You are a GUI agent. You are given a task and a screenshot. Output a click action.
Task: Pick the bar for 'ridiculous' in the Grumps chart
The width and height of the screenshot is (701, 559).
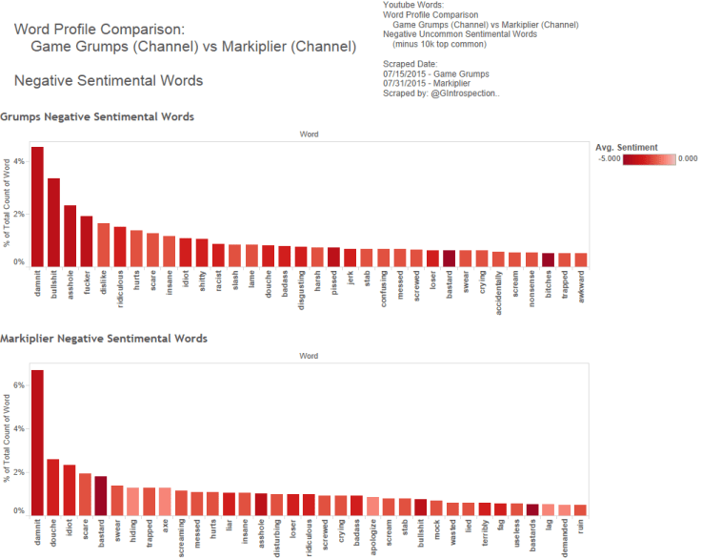(x=120, y=246)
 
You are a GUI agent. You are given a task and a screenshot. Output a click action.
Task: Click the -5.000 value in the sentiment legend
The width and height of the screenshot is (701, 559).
(x=609, y=159)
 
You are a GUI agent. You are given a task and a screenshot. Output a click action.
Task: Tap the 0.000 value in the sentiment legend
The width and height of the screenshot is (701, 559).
(x=687, y=159)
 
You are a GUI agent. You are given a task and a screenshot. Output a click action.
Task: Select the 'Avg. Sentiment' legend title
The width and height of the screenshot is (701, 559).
(x=627, y=147)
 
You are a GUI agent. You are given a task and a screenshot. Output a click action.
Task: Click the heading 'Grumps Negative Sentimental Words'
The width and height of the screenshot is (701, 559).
(x=97, y=116)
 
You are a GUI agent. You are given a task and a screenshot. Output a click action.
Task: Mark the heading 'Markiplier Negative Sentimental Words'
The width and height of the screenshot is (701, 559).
(x=104, y=338)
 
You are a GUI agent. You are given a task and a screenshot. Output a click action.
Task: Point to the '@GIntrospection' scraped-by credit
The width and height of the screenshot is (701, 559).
(x=467, y=94)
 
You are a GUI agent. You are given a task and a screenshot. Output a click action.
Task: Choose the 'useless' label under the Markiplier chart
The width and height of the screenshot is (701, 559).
(x=514, y=533)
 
